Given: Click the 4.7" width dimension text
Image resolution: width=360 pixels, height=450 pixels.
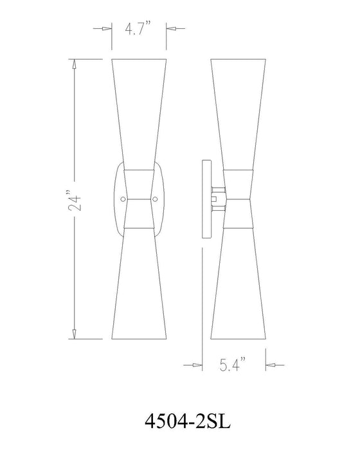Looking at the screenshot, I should (x=139, y=29).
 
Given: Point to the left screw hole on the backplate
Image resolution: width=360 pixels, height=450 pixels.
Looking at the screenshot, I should (x=125, y=198).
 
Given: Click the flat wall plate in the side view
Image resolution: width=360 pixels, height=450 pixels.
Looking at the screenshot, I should (x=205, y=199).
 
